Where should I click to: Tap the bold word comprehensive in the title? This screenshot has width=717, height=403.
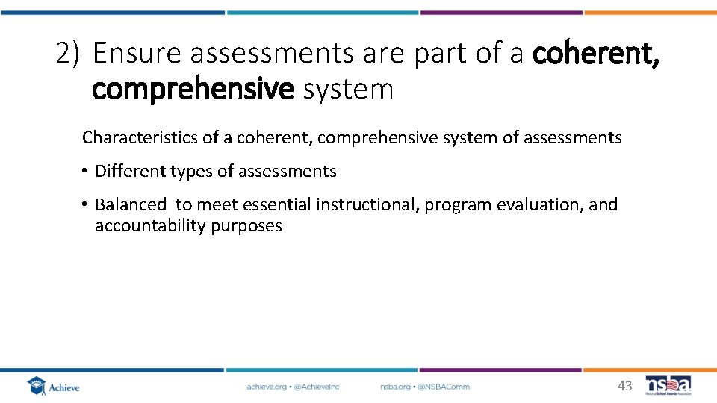pyautogui.click(x=193, y=89)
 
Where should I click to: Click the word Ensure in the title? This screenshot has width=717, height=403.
pyautogui.click(x=137, y=54)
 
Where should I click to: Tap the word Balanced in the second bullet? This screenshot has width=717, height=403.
pyautogui.click(x=131, y=204)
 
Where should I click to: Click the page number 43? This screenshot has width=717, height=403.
pyautogui.click(x=624, y=386)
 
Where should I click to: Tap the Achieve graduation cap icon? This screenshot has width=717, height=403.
pyautogui.click(x=36, y=386)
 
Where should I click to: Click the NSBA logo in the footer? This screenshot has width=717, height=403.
pyautogui.click(x=668, y=385)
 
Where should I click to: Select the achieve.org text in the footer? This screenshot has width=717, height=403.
pyautogui.click(x=266, y=387)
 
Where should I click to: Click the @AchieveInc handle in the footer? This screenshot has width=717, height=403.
pyautogui.click(x=317, y=387)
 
